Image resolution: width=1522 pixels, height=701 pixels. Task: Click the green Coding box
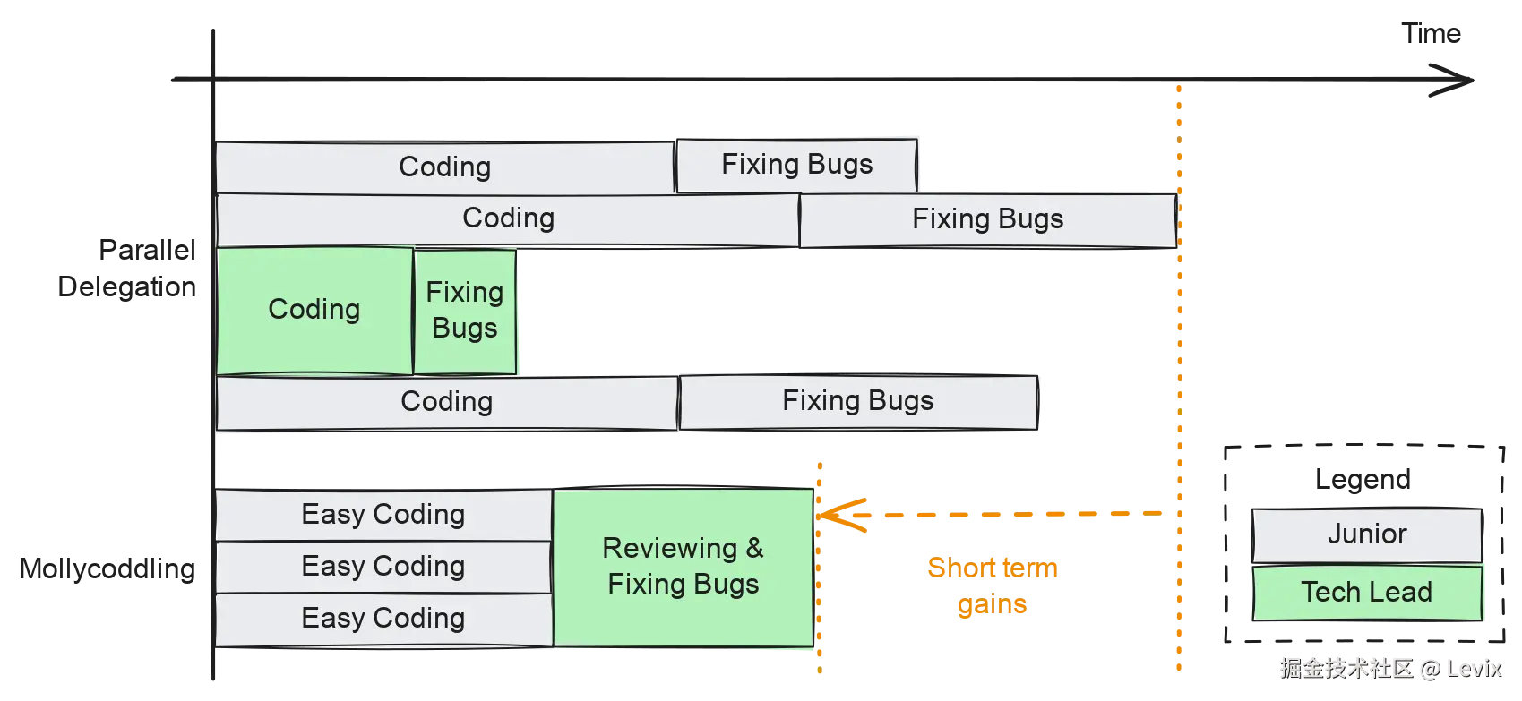314,310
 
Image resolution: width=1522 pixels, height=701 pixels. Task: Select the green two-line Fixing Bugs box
464,310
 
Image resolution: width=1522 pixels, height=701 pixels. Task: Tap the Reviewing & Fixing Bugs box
683,566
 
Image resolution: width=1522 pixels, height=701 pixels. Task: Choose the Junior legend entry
1367,534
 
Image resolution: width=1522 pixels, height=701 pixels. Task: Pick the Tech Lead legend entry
1367,592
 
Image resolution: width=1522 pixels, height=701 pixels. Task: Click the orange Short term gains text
993,586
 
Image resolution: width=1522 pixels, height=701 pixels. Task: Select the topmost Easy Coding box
383,515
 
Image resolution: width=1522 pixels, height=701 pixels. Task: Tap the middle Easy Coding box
383,567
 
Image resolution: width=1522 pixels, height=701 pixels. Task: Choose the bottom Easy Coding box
383,619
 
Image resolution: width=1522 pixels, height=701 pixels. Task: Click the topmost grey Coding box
445,167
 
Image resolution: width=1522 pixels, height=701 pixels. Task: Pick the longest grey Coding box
508,218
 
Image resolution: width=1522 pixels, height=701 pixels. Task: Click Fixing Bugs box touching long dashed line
987,220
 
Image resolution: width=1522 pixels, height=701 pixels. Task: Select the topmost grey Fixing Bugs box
796,165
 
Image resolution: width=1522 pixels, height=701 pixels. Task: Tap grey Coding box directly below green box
446,402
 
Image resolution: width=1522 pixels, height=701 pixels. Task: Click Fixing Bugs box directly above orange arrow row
857,401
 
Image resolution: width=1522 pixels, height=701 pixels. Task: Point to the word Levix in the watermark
1475,669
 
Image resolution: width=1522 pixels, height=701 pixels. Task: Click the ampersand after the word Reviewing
754,548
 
